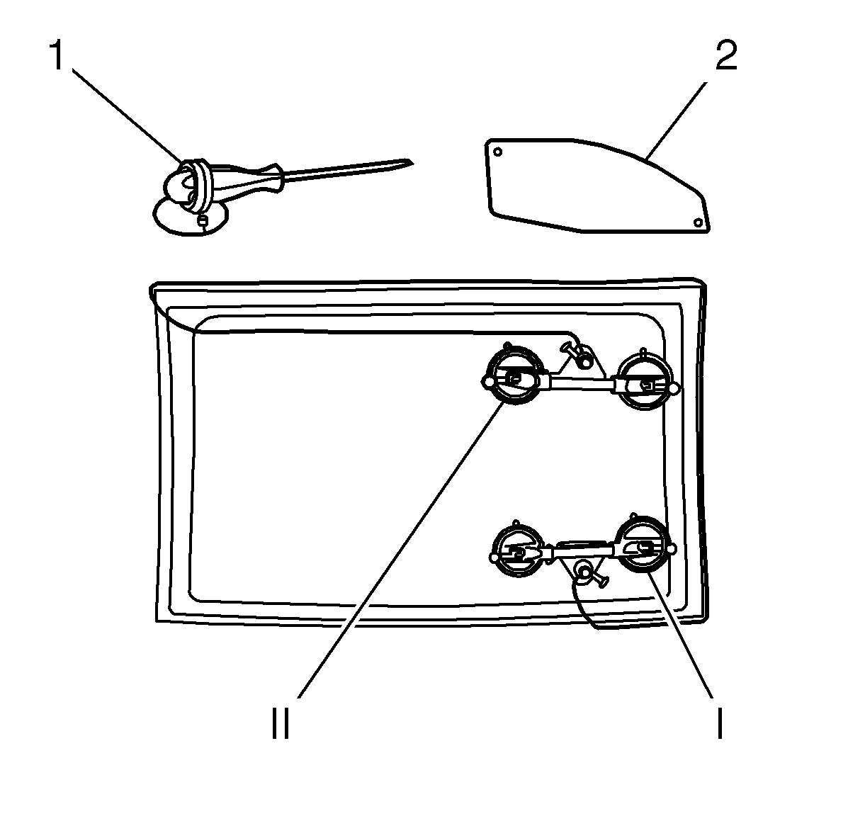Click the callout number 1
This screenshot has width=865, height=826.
tap(57, 55)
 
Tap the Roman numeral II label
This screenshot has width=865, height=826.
tap(281, 723)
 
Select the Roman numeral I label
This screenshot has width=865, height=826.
tap(720, 723)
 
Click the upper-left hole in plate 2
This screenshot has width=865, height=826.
tap(498, 152)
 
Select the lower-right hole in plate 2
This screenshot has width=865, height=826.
tap(698, 222)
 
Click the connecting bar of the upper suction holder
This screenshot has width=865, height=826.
tap(580, 383)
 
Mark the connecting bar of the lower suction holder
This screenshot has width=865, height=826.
tap(582, 550)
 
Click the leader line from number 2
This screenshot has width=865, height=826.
tap(676, 120)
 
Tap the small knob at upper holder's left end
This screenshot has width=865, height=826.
tap(487, 382)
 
